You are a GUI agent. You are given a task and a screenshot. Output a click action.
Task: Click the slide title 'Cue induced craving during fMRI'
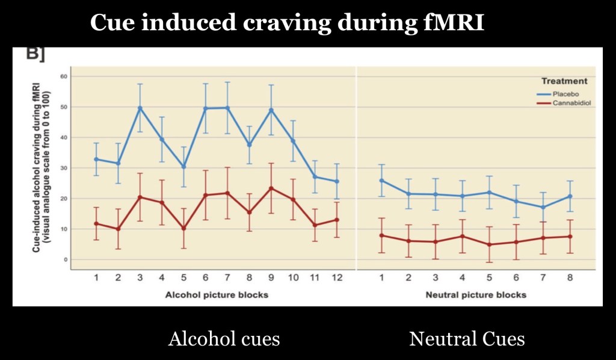(x=287, y=23)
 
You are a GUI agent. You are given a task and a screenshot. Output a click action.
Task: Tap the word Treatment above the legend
(x=564, y=81)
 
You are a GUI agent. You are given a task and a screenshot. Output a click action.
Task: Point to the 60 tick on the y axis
(x=63, y=76)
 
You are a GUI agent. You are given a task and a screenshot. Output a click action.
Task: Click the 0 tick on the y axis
(x=65, y=259)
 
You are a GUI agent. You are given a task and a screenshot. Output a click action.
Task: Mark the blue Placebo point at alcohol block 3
(x=140, y=108)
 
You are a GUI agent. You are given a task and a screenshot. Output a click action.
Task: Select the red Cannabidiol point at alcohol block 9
(x=271, y=188)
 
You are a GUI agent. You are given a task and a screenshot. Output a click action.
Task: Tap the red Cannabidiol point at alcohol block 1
(x=96, y=223)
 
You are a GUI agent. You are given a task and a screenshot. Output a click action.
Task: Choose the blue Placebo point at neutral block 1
(x=382, y=181)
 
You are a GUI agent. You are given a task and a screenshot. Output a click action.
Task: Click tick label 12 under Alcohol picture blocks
(x=336, y=277)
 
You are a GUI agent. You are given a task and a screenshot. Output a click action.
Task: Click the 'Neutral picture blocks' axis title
(x=476, y=294)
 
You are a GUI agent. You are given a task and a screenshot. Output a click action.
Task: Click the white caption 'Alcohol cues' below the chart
(x=224, y=339)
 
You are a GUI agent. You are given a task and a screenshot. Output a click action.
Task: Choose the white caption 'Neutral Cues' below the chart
(x=467, y=339)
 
